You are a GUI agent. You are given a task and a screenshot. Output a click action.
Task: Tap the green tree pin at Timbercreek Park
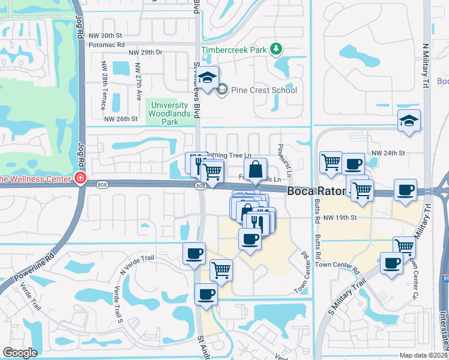pyautogui.click(x=276, y=49)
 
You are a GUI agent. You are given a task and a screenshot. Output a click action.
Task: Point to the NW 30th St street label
pyautogui.click(x=105, y=36)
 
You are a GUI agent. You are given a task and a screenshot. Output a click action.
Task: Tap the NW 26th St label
pyautogui.click(x=122, y=119)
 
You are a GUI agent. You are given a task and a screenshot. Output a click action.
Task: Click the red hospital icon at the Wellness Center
pyautogui.click(x=80, y=178)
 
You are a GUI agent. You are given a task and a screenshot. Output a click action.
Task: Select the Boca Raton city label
pyautogui.click(x=316, y=192)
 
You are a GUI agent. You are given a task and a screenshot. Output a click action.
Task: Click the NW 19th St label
pyautogui.click(x=340, y=217)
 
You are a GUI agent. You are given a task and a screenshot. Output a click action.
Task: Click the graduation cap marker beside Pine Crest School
pyautogui.click(x=208, y=79)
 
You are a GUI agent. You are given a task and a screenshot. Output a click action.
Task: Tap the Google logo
pyautogui.click(x=20, y=353)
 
